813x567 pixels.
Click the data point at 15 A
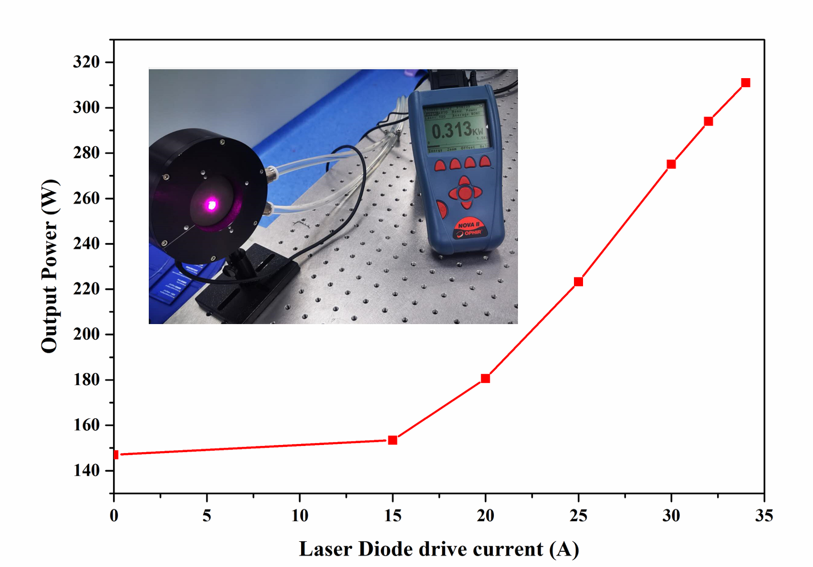392,440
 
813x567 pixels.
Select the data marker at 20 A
485,378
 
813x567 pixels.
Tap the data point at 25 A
578,281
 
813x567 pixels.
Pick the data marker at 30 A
671,164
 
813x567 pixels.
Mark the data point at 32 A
708,121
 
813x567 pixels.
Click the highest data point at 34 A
745,83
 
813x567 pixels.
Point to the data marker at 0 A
115,455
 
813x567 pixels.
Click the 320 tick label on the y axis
86,62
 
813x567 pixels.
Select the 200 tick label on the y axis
86,334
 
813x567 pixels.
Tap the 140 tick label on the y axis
86,470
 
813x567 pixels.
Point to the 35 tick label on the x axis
764,516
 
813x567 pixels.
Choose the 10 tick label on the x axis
300,516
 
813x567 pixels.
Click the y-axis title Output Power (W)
50,266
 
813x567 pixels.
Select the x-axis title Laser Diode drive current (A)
439,549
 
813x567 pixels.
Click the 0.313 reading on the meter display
451,131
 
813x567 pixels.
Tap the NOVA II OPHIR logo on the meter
469,229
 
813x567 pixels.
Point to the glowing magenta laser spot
212,204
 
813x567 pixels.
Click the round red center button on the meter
465,193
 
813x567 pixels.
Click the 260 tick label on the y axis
86,198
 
